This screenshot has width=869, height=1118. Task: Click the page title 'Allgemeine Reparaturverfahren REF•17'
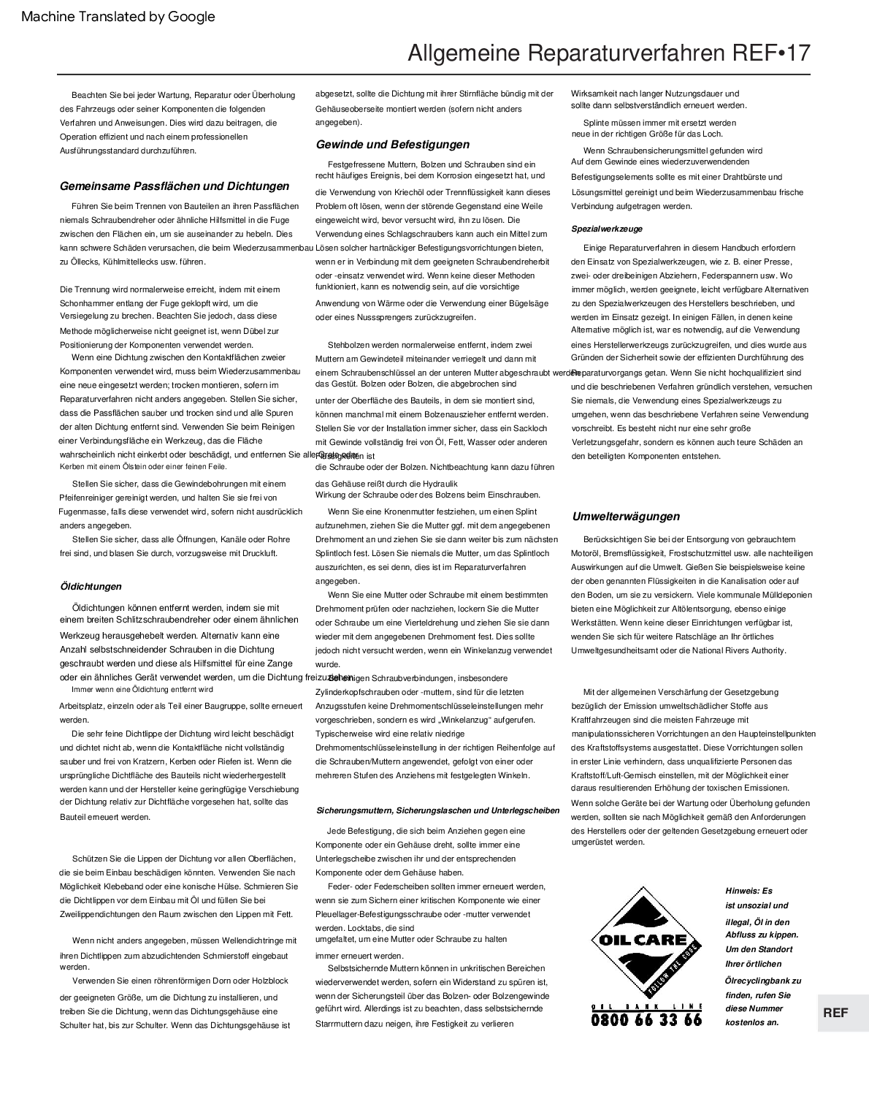coord(608,54)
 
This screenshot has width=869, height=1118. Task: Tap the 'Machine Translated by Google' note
coord(118,17)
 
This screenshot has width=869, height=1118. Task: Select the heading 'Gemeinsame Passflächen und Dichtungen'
coord(175,186)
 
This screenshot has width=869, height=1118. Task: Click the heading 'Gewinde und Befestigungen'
coord(393,145)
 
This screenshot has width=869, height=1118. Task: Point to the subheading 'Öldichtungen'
coord(91,586)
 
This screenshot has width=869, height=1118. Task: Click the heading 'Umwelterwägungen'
coord(626,517)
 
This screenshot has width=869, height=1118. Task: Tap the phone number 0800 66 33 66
coord(646,1019)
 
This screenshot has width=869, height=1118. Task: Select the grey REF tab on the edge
coord(835,1013)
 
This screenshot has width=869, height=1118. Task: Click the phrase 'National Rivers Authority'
coord(738,650)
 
